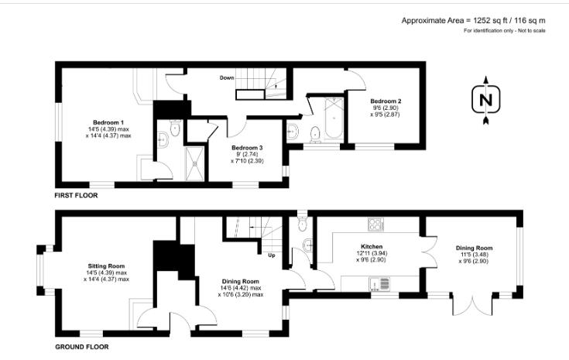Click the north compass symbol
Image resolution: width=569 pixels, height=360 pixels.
pos(485,100)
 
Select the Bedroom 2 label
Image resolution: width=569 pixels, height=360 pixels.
pos(385,101)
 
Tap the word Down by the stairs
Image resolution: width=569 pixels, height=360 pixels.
pos(227,77)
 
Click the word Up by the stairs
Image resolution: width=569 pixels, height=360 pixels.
pos(272,255)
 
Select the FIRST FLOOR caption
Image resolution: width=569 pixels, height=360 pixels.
pos(76,196)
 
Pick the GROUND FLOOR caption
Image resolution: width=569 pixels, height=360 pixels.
pos(81,347)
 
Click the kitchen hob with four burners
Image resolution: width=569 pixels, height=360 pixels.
pos(377,225)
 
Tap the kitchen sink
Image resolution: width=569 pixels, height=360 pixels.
pos(385,283)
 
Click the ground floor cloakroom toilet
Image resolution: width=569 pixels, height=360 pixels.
pos(303,225)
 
